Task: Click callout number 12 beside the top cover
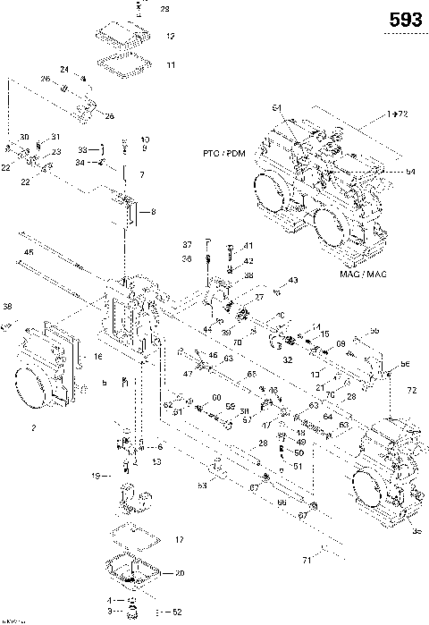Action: pyautogui.click(x=171, y=37)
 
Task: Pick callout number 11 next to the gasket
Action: pyautogui.click(x=171, y=64)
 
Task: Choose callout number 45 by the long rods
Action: pyautogui.click(x=29, y=253)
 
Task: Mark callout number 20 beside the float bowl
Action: pyautogui.click(x=180, y=573)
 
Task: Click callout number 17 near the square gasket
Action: pyautogui.click(x=179, y=540)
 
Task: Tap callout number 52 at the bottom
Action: pyautogui.click(x=176, y=612)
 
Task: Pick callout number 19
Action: pyautogui.click(x=95, y=477)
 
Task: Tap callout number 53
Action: pyautogui.click(x=202, y=485)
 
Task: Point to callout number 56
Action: pyautogui.click(x=405, y=363)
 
